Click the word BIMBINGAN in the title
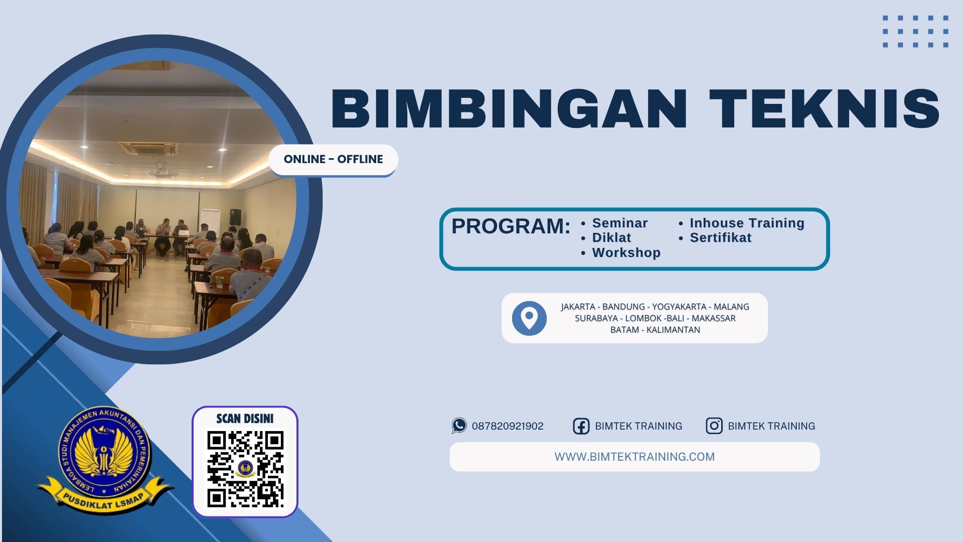coord(508,109)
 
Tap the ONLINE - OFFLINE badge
coord(333,160)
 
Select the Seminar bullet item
coord(619,223)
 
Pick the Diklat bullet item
coord(611,237)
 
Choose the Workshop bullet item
coord(626,252)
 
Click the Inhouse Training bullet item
coord(746,223)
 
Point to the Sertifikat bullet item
coord(720,237)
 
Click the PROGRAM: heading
coord(511,226)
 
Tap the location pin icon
coord(529,318)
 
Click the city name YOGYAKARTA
coord(679,307)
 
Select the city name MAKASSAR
coord(713,318)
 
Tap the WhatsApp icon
coord(459,426)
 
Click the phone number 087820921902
coord(508,426)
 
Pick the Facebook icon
coord(581,426)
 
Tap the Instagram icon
coord(714,426)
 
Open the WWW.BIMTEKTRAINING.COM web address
coord(634,457)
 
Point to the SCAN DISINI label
coord(245,419)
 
